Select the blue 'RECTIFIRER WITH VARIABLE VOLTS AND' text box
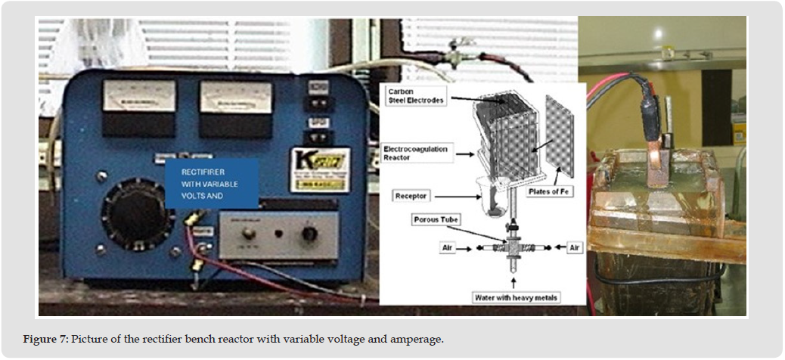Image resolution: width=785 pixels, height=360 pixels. coord(212,182)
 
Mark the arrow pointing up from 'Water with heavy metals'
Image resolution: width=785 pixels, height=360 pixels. coord(514,281)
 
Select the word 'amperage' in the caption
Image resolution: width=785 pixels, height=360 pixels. coord(419,339)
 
